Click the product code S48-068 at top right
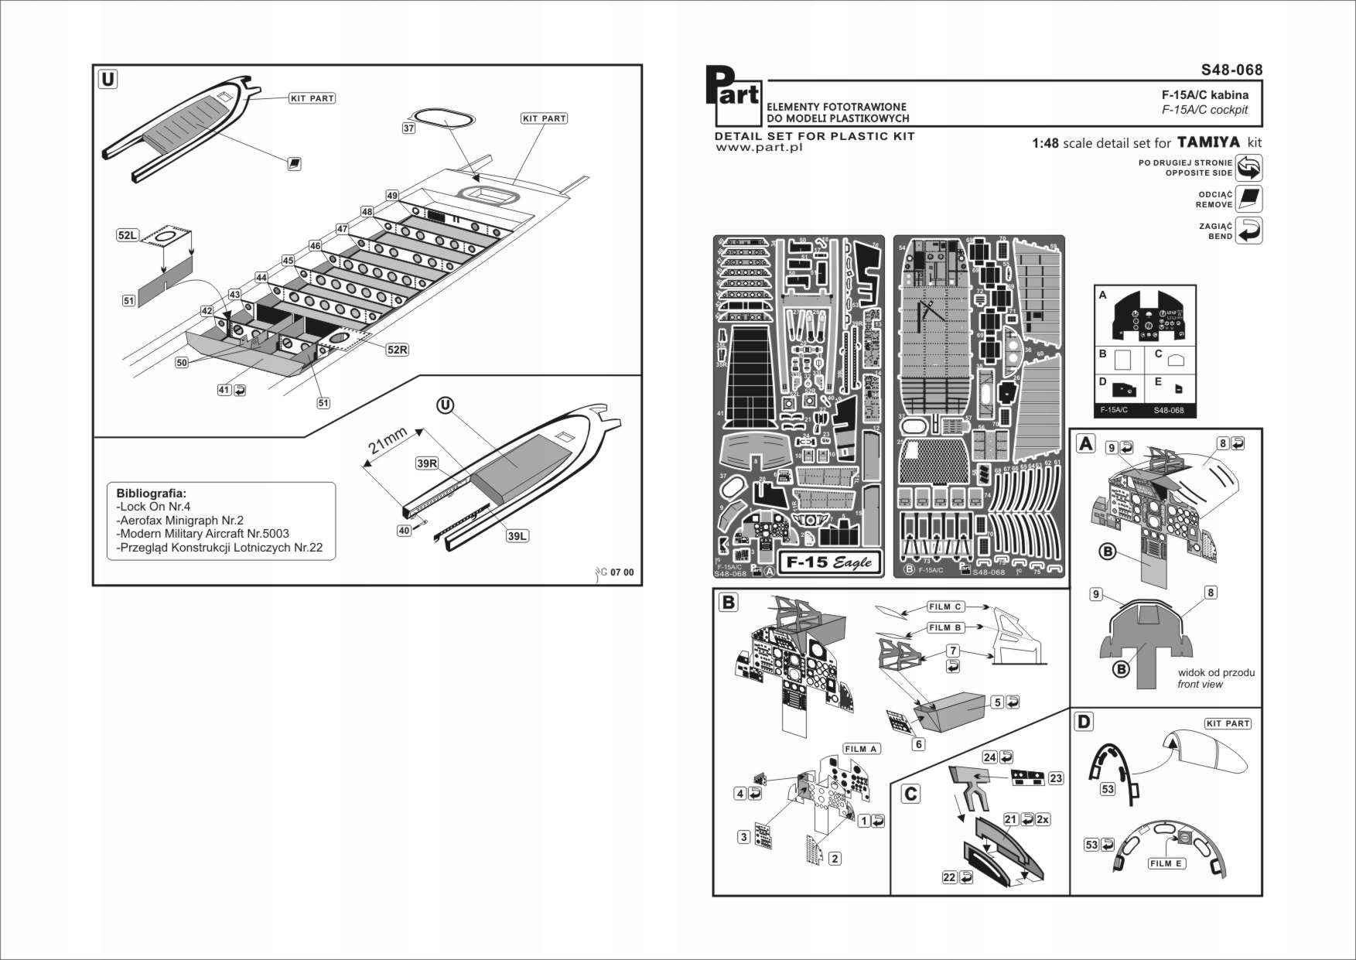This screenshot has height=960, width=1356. pos(1231,70)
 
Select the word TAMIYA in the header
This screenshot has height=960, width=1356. pos(1208,142)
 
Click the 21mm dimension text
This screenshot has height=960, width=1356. pos(388,441)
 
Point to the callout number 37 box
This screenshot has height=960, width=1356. pos(408,128)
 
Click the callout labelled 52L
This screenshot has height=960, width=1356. pos(127,235)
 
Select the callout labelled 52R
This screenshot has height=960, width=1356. pos(397,350)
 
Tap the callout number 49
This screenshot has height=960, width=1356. pos(392,196)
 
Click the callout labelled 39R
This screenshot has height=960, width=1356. pos(427,463)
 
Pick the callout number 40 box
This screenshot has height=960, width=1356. pos(404,531)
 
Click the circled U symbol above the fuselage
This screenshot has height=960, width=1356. pos(445,405)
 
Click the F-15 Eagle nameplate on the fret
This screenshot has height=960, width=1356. pos(829,562)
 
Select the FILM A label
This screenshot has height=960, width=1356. pos(861,749)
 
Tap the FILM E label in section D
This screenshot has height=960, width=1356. pos(1166,863)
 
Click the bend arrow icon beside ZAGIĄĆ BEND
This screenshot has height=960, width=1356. pos(1249,231)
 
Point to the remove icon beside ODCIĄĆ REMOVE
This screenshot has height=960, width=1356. pos(1248,199)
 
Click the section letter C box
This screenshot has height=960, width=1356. pos(911,794)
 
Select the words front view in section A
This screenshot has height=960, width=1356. pos(1200,685)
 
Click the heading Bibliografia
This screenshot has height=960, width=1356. pos(151,493)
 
